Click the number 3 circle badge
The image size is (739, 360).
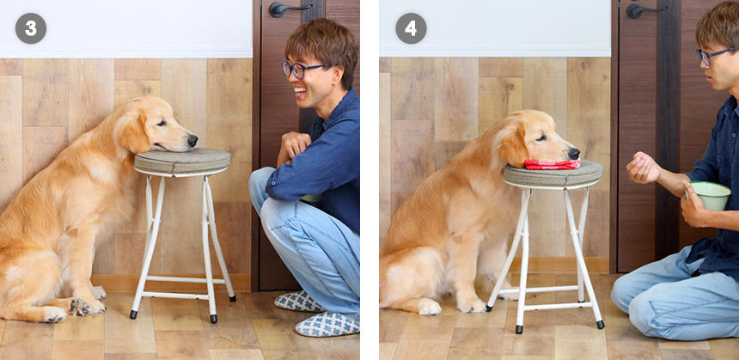(x=31, y=28)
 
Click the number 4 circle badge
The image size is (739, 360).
(x=411, y=28)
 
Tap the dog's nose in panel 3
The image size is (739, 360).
(x=192, y=140)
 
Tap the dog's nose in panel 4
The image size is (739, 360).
(x=573, y=153)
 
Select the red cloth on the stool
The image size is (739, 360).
(x=553, y=164)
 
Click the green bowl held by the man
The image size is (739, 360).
(x=710, y=196)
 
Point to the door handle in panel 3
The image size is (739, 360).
(x=288, y=8)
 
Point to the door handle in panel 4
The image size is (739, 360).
(x=644, y=9)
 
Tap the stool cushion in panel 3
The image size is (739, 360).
(x=182, y=161)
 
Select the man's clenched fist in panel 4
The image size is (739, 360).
(x=643, y=168)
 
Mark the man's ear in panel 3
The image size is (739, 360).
(x=335, y=75)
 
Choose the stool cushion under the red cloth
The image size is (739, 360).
(x=553, y=174)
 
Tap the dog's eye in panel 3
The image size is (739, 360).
(x=162, y=123)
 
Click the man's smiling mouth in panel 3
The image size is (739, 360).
(x=300, y=91)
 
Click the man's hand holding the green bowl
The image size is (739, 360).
(x=693, y=205)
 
